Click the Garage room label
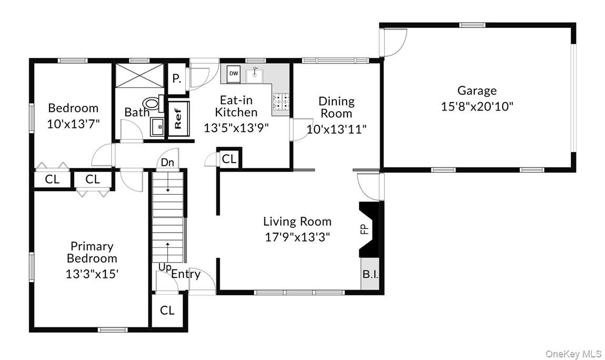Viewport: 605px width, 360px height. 477,91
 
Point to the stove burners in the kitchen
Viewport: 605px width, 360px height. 280,102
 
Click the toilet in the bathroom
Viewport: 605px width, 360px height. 154,103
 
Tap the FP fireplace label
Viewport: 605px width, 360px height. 363,229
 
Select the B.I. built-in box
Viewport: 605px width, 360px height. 370,275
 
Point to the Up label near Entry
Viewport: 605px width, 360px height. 165,267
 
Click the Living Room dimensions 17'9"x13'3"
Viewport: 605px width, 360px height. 297,237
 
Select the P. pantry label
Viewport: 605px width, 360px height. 177,79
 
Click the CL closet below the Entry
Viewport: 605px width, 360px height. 167,311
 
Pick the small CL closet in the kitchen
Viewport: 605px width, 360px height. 229,159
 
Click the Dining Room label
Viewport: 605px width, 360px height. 336,107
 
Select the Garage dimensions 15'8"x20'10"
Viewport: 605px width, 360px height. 477,106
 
